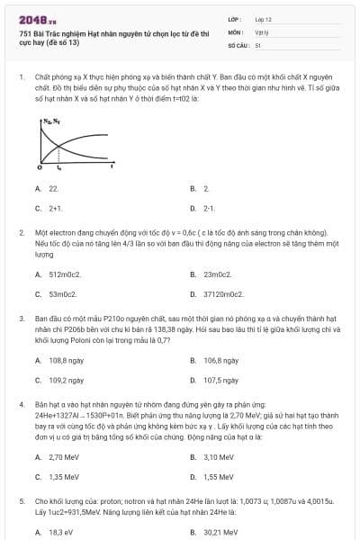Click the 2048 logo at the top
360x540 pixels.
coord(32,19)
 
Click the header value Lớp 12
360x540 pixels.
coord(263,19)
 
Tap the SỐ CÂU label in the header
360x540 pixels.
coord(238,44)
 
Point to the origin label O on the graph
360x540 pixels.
coord(40,168)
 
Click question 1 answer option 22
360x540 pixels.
coord(53,189)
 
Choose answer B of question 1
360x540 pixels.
coord(205,189)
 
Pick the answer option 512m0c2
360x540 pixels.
coord(65,274)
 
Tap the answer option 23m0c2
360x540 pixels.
coord(218,274)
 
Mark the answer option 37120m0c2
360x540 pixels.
coord(223,293)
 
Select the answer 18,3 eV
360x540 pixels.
coord(60,532)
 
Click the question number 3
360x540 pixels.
coord(21,318)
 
